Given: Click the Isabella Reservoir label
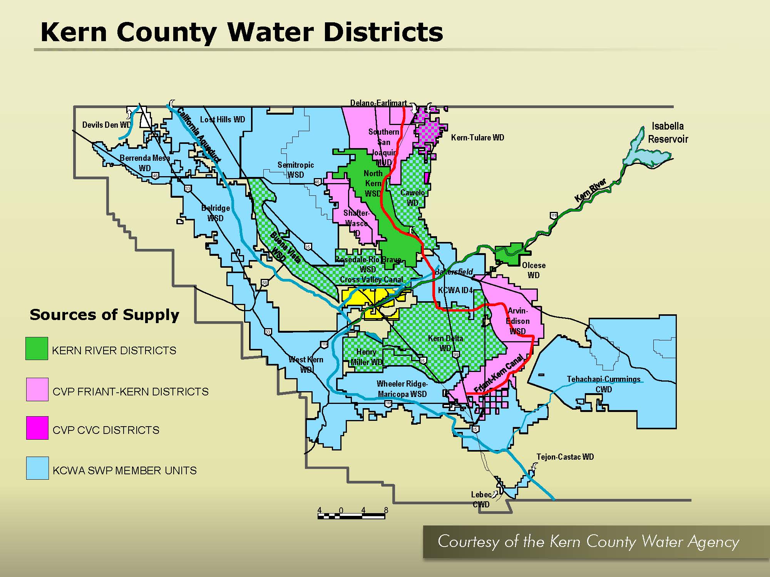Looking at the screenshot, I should (x=668, y=132).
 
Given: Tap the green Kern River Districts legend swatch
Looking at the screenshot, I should (x=37, y=349).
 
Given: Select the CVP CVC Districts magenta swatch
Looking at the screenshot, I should (x=37, y=428).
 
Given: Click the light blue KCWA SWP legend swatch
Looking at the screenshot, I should (x=37, y=468).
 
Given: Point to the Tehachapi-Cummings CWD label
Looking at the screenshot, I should (x=603, y=384).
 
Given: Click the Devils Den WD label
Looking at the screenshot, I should (x=106, y=125).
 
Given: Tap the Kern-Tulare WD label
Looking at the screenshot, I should (x=477, y=137).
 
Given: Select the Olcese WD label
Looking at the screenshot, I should (x=534, y=270).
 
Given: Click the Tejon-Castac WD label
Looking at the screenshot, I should (x=565, y=457).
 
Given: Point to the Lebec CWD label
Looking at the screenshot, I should (x=481, y=499).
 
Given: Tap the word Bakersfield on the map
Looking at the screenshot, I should (x=454, y=272).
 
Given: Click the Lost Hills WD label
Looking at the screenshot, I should (x=223, y=120).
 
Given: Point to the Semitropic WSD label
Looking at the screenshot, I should (x=296, y=170).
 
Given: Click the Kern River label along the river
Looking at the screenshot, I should (x=590, y=190).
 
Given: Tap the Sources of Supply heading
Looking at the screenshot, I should (x=104, y=315).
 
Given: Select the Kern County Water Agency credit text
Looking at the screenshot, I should (x=588, y=541).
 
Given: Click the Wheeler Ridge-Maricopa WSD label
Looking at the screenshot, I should (x=402, y=389).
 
